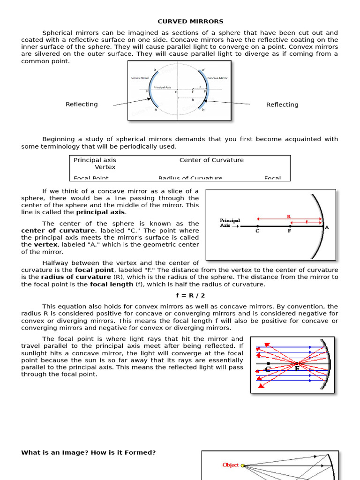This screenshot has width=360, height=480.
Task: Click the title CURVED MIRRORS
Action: [x=190, y=22]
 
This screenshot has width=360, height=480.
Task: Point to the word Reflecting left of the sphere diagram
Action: [x=82, y=105]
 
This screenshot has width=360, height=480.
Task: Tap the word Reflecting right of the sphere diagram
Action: [x=282, y=105]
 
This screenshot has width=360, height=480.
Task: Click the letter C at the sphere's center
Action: [x=176, y=92]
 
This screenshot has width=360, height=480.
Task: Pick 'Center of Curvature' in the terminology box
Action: [x=211, y=160]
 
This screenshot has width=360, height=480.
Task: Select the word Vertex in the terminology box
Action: [x=105, y=167]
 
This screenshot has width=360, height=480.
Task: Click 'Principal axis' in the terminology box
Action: [x=95, y=160]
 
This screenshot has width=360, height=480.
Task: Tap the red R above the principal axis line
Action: [x=289, y=217]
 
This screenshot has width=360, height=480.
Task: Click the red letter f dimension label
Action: [x=307, y=222]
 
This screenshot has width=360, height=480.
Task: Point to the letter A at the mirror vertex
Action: [x=327, y=228]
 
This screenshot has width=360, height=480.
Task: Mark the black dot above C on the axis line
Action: [x=257, y=226]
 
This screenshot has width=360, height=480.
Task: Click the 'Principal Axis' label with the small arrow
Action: [x=230, y=223]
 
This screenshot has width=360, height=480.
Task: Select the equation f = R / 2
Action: [x=190, y=296]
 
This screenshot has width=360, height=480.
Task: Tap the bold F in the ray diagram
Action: [x=297, y=369]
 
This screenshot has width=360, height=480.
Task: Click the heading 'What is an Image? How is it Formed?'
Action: [x=88, y=453]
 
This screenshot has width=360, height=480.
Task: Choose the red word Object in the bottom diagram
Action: [x=231, y=465]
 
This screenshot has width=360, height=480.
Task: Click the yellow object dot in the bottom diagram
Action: [x=242, y=465]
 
